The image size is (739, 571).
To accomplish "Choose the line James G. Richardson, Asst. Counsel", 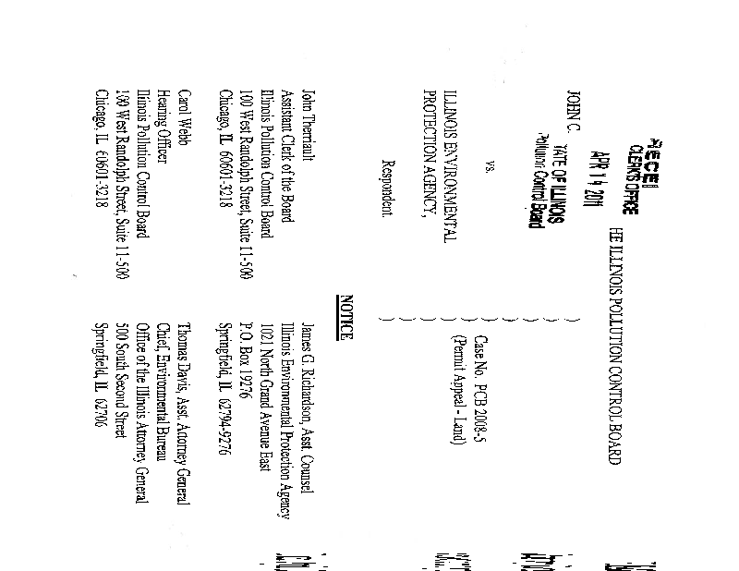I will [309, 404].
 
